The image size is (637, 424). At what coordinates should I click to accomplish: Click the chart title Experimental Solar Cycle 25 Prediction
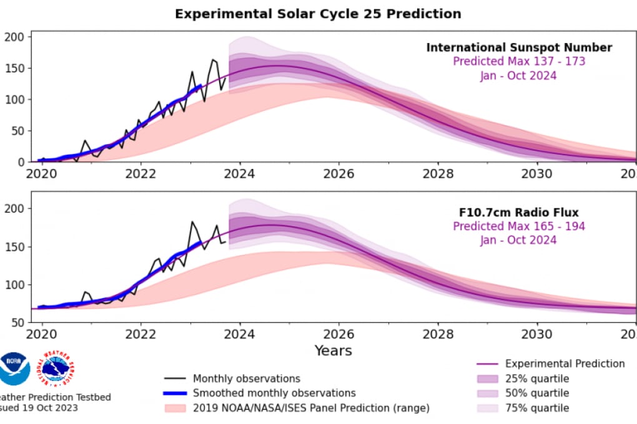(318, 13)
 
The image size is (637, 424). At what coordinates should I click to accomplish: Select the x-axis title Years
(333, 350)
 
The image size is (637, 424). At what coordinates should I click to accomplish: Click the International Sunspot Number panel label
(519, 47)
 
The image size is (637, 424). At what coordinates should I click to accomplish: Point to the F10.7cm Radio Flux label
(519, 213)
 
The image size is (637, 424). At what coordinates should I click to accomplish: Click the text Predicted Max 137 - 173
(519, 61)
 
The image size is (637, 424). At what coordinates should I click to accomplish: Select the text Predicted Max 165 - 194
(519, 226)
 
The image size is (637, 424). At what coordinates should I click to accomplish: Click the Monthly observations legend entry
(246, 378)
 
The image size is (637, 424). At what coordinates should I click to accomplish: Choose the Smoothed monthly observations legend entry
(274, 393)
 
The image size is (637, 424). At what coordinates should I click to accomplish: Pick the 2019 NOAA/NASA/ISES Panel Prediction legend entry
(311, 408)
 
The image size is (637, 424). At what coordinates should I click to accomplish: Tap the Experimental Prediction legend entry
(565, 364)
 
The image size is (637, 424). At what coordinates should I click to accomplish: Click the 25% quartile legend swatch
(488, 378)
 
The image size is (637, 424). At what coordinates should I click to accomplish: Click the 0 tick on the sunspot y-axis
(20, 162)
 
